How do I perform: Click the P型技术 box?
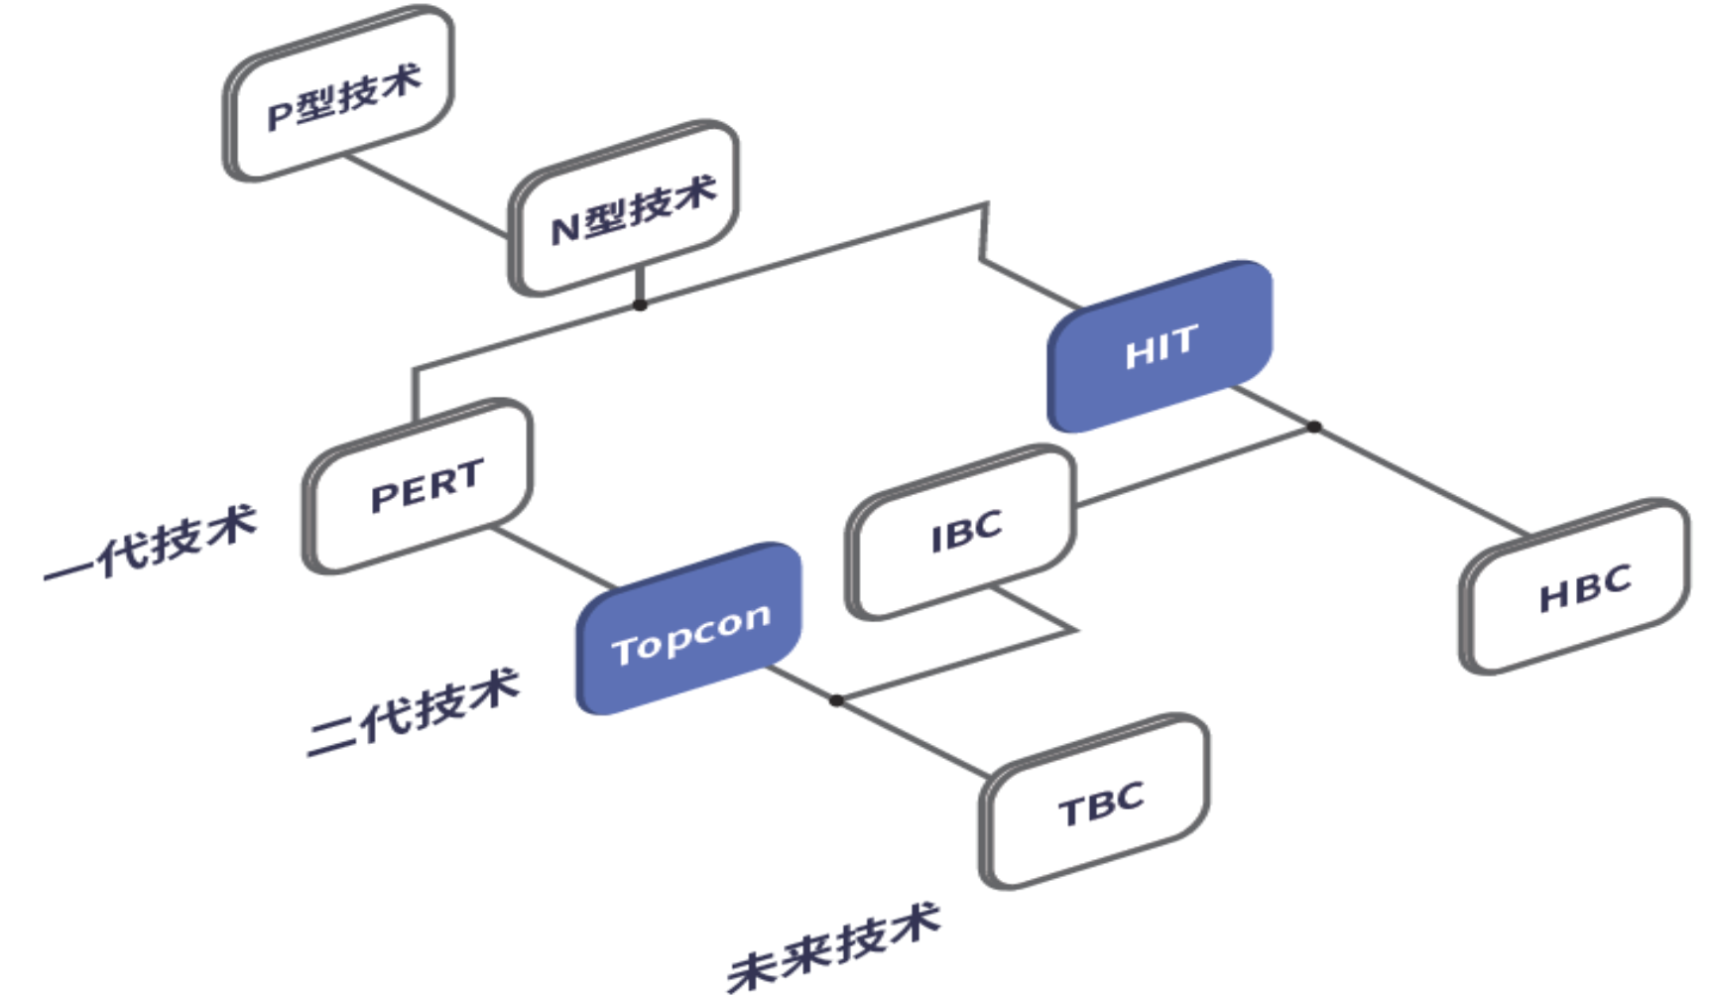click(339, 94)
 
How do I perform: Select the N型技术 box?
click(625, 208)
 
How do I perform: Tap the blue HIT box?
click(1161, 346)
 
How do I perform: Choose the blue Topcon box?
click(689, 629)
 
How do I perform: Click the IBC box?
click(962, 533)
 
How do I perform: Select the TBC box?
click(1097, 802)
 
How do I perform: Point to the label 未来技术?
click(833, 946)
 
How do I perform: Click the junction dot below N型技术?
click(641, 305)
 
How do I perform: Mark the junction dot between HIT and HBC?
click(1314, 427)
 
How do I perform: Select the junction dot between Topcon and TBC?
click(836, 700)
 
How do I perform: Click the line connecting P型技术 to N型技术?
click(427, 195)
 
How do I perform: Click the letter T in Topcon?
click(624, 651)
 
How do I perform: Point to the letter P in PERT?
click(383, 497)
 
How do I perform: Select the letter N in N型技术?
click(564, 229)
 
